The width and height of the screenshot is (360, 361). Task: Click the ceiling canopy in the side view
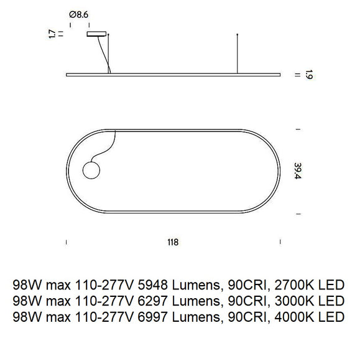click(x=96, y=35)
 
